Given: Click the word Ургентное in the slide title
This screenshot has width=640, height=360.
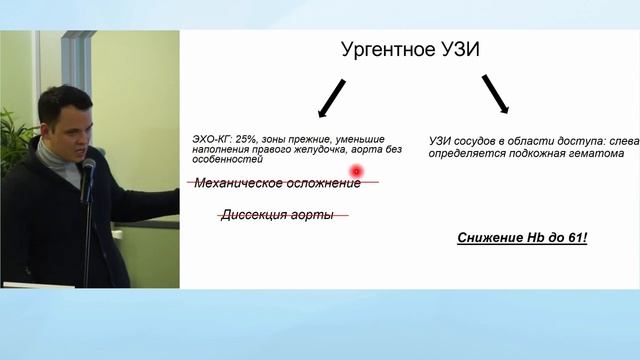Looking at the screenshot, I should [382, 53].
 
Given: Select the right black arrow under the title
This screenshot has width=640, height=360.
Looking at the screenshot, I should [496, 96].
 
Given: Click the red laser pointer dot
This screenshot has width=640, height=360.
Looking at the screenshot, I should [354, 171].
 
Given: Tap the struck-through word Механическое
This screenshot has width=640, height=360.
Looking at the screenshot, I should [238, 183].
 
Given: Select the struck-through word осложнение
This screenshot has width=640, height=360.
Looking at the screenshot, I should [323, 183].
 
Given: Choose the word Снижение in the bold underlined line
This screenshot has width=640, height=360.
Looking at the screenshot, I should [490, 237].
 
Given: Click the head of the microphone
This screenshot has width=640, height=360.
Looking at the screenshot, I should [88, 167].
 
